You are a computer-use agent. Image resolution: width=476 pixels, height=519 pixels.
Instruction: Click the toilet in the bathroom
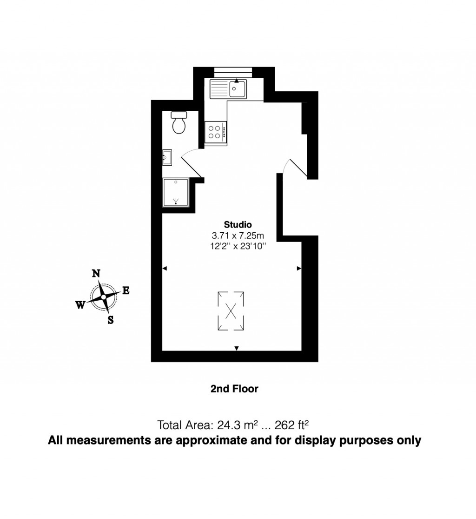(x=178, y=123)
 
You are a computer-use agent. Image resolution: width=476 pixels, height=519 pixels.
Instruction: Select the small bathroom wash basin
(x=167, y=158)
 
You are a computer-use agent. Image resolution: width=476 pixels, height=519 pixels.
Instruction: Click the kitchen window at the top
(x=233, y=71)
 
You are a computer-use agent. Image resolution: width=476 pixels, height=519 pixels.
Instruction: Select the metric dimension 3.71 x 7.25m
(x=238, y=236)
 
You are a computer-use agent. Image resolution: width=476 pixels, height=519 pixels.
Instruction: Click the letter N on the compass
(x=97, y=274)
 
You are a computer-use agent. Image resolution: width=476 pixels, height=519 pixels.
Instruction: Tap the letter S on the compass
(x=111, y=320)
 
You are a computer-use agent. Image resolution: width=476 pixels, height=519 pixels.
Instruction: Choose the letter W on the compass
(x=80, y=304)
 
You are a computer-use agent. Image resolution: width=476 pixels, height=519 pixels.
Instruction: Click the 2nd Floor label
(x=234, y=389)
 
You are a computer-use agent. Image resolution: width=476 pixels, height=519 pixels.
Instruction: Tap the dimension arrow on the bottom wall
(x=237, y=348)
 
